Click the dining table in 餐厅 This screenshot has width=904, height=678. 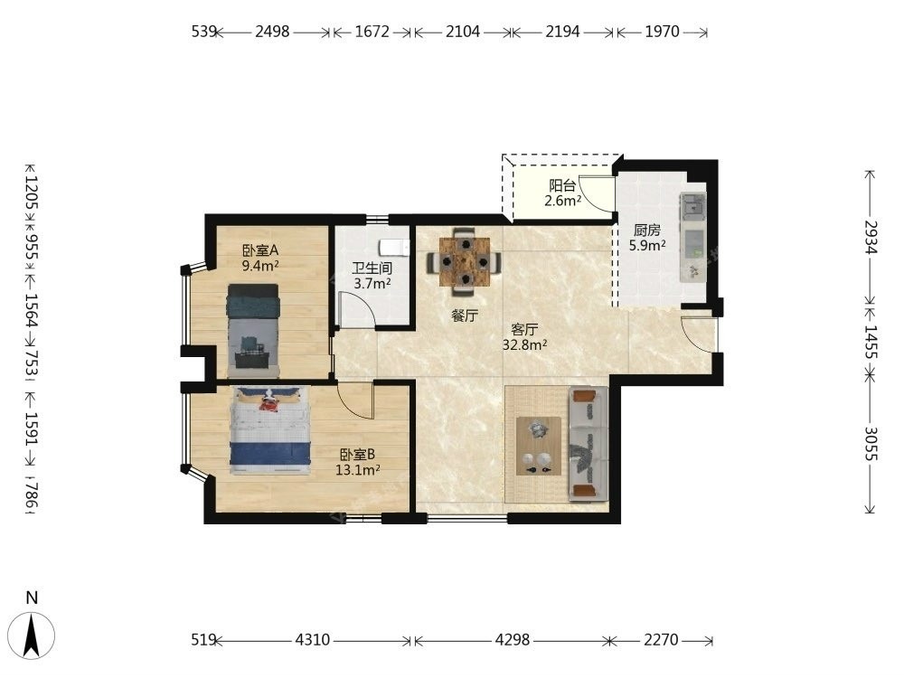point(465,262)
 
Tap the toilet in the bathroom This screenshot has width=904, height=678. point(394,248)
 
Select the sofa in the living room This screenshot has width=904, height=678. point(589,443)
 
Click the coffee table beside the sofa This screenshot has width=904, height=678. point(539,447)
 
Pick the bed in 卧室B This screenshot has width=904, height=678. point(269,430)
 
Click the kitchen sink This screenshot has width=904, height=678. point(693,206)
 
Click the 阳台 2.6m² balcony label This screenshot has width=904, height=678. point(562,193)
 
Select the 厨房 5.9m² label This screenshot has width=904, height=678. point(647,238)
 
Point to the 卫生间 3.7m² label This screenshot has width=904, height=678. point(372,276)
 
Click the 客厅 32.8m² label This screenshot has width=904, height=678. point(524,337)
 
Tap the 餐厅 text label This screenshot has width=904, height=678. point(465,315)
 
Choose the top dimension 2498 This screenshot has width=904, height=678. point(272,31)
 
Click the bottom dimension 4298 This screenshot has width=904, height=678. point(513,640)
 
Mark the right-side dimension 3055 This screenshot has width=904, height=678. point(871,443)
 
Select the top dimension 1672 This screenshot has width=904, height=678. point(372,31)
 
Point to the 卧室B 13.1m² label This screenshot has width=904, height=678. point(357,462)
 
